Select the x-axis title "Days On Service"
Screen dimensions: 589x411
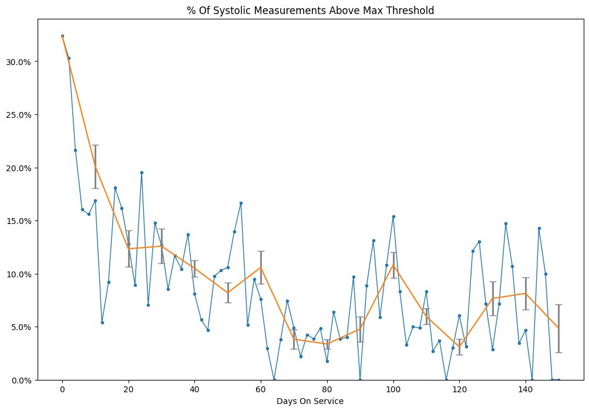coord(310,401)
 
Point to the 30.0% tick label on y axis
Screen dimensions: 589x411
coord(18,62)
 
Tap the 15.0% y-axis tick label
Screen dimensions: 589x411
coord(18,221)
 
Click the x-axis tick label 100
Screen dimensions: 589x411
coord(393,390)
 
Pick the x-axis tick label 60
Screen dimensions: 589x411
coord(261,390)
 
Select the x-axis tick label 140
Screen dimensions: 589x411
coord(526,390)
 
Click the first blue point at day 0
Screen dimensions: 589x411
coord(62,36)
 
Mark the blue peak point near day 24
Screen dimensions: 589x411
coord(142,173)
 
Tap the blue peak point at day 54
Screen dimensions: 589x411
coord(241,203)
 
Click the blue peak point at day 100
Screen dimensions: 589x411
coord(393,217)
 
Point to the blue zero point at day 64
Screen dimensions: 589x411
coord(274,380)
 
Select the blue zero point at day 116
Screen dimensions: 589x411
coord(446,380)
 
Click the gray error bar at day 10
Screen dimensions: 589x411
coord(95,167)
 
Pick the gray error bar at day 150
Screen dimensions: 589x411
coord(559,328)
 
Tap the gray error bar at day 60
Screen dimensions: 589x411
coord(261,267)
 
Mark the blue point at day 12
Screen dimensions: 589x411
coord(102,322)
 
